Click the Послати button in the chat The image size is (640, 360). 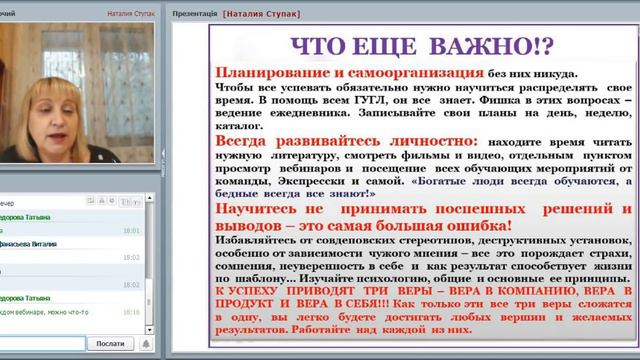coord(109,342)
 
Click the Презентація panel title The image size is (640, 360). coord(195,15)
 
